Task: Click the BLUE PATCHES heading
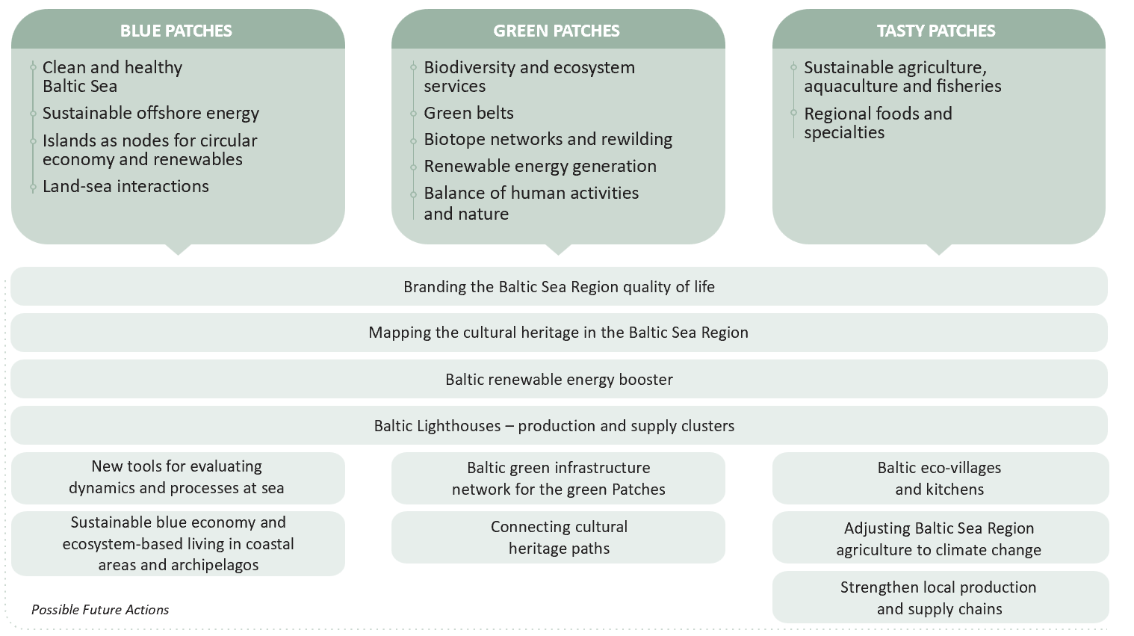pyautogui.click(x=176, y=31)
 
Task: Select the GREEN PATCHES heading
pyautogui.click(x=557, y=31)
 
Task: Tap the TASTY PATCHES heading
pyautogui.click(x=936, y=31)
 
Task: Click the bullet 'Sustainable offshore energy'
pyautogui.click(x=151, y=113)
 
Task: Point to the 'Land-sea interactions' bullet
pyautogui.click(x=126, y=186)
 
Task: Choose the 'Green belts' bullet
pyautogui.click(x=468, y=113)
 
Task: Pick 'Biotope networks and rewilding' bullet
pyautogui.click(x=548, y=139)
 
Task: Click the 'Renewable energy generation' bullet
pyautogui.click(x=540, y=166)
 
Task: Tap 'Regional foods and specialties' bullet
pyautogui.click(x=878, y=123)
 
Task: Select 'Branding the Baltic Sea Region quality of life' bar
pyautogui.click(x=559, y=287)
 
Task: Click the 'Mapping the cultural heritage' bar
pyautogui.click(x=559, y=333)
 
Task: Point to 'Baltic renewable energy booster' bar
pyautogui.click(x=559, y=380)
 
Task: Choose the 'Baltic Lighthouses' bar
pyautogui.click(x=554, y=426)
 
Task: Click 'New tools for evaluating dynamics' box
pyautogui.click(x=177, y=477)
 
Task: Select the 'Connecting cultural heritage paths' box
pyautogui.click(x=559, y=537)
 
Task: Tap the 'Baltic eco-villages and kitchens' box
pyautogui.click(x=939, y=478)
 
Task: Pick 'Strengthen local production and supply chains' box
pyautogui.click(x=939, y=598)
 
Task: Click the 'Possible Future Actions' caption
pyautogui.click(x=100, y=610)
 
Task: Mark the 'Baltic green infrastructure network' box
pyautogui.click(x=559, y=478)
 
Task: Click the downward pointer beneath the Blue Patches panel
pyautogui.click(x=178, y=249)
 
